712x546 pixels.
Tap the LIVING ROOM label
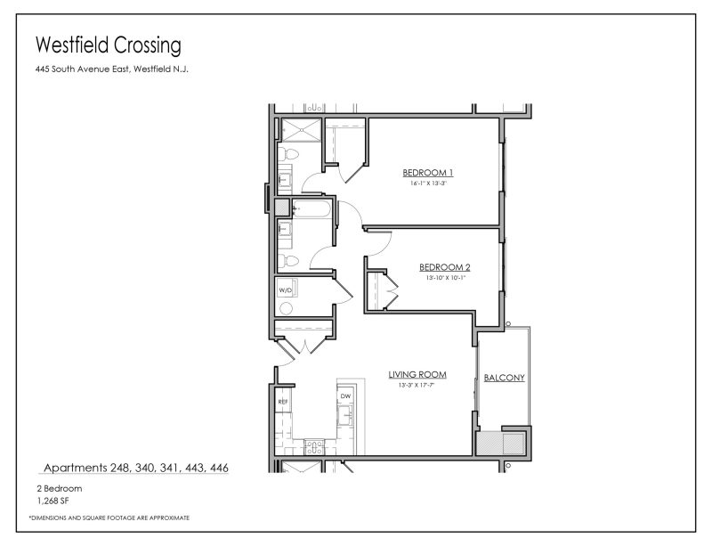pyautogui.click(x=417, y=374)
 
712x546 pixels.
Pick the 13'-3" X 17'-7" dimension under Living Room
pyautogui.click(x=417, y=386)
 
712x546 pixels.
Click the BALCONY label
pyautogui.click(x=504, y=378)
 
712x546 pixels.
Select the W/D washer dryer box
pyautogui.click(x=286, y=290)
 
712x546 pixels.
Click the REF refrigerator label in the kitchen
pyautogui.click(x=283, y=402)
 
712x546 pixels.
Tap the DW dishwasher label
pyautogui.click(x=345, y=396)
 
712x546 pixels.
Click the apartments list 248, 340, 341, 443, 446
pyautogui.click(x=136, y=467)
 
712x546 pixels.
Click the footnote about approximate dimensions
pyautogui.click(x=109, y=517)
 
